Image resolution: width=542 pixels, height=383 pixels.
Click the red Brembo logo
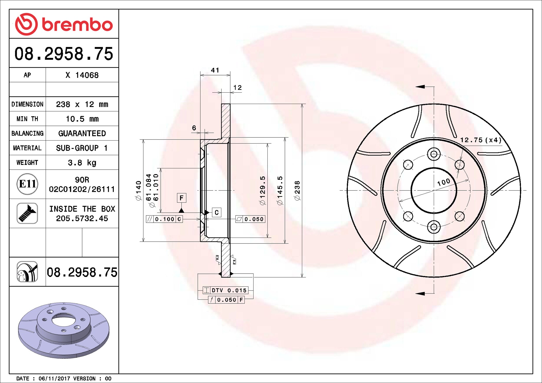64,24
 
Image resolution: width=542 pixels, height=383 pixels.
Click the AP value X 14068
82,75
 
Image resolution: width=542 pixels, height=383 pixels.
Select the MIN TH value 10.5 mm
82,119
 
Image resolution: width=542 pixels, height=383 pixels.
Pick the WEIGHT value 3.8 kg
82,163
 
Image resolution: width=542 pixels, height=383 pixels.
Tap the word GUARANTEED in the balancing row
82,133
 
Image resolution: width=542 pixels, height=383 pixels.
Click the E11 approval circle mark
27,184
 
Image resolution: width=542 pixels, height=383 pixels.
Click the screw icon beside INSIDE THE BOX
27,213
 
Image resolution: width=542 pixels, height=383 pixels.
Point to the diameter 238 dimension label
297,191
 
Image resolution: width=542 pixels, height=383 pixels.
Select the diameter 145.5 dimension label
280,191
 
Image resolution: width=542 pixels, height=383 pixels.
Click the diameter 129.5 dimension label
262,191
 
